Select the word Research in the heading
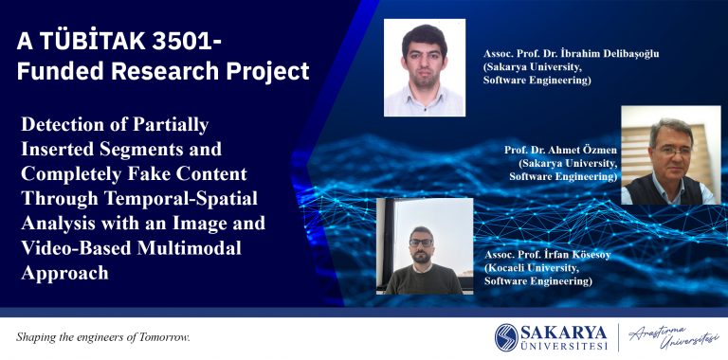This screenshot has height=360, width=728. click(159, 71)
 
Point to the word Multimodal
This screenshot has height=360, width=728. click(190, 248)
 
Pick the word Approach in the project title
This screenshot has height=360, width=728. click(65, 273)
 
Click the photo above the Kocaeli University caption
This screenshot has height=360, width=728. click(425, 246)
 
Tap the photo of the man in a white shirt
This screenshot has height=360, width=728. click(425, 67)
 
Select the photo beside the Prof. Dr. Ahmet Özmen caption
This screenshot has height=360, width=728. click(671, 155)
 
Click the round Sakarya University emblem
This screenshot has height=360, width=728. click(506, 337)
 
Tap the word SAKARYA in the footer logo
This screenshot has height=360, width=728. click(564, 333)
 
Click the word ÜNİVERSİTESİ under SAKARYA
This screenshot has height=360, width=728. click(564, 347)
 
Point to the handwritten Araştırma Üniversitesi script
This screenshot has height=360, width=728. click(674, 337)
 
